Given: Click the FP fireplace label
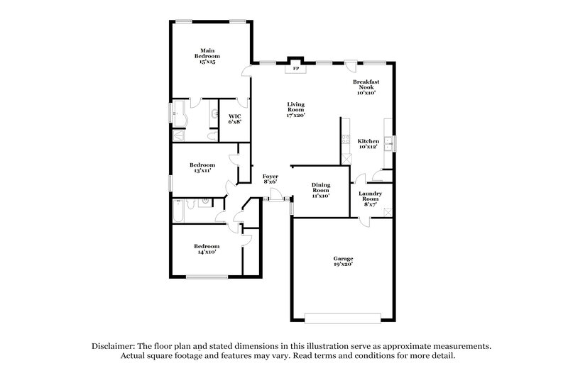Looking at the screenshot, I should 296,70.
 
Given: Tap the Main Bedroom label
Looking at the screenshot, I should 207,56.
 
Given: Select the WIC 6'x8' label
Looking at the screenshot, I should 235,118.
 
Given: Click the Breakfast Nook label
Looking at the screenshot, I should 366,87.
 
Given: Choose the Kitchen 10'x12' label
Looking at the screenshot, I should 368,144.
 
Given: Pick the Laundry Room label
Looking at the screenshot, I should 371,196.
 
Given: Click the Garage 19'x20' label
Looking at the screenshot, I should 344,261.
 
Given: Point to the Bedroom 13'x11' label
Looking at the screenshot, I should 202,167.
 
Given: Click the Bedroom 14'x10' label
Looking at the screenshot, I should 206,248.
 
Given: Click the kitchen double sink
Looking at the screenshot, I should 389,143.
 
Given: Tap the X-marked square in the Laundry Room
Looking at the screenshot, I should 386,212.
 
